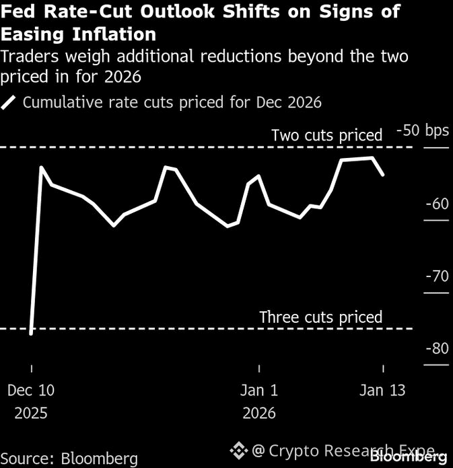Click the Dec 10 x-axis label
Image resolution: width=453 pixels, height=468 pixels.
tap(31, 390)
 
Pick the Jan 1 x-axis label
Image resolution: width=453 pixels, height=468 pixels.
tap(259, 390)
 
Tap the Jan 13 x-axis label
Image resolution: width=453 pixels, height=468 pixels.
tap(382, 390)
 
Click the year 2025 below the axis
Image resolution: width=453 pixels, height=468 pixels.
tap(31, 412)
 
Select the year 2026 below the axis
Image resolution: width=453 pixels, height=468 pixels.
tap(259, 412)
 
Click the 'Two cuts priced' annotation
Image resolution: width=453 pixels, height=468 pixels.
tap(326, 135)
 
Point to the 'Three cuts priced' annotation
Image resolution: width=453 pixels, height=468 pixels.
tap(320, 317)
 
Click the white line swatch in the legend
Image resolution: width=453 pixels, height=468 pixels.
tap(10, 103)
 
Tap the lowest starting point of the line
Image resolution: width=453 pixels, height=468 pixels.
tap(31, 334)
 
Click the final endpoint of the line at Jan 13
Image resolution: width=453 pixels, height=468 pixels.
tap(383, 175)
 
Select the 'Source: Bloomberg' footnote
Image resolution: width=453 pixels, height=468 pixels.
tap(70, 459)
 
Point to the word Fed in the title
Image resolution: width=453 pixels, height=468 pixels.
tap(18, 11)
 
